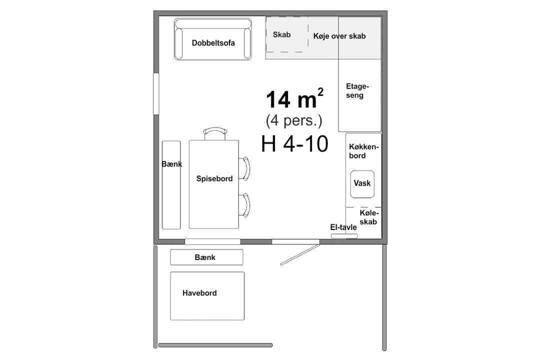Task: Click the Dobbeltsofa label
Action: tap(213, 43)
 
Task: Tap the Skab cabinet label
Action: tap(281, 35)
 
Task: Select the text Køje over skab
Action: tap(339, 36)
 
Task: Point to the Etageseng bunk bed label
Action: tap(357, 90)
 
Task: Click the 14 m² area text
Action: tap(294, 98)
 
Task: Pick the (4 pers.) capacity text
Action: tap(294, 120)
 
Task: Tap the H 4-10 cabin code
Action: tap(294, 143)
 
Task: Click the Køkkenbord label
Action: tap(363, 151)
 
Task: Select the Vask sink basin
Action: tap(362, 184)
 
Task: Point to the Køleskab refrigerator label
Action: tap(369, 217)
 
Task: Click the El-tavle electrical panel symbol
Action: tap(344, 236)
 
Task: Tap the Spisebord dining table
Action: tap(214, 184)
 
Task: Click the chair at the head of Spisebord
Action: tap(215, 133)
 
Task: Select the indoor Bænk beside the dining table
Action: tap(171, 185)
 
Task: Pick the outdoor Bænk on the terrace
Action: tap(206, 257)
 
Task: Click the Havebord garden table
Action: tap(207, 296)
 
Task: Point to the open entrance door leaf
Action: tap(300, 254)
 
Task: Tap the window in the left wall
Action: tap(156, 93)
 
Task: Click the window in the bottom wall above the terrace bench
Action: tap(212, 241)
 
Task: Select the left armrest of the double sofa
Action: tap(178, 43)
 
